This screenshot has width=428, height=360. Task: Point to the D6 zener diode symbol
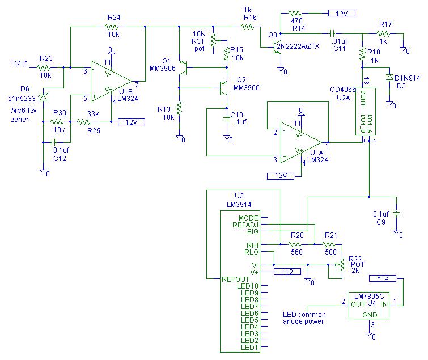coord(43,98)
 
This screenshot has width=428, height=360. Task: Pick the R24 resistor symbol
coord(113,26)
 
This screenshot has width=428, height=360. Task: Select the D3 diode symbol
coord(389,77)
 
